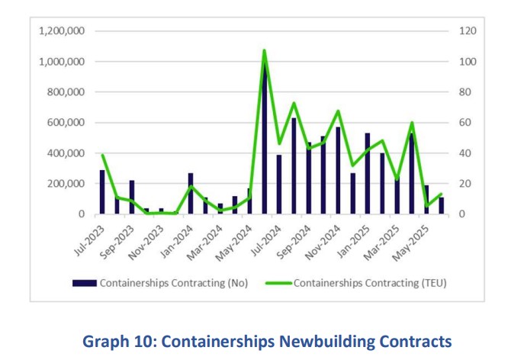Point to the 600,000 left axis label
pos(66,123)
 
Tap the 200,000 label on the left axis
pos(66,184)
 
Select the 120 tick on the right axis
pos(467,31)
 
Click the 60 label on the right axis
pos(464,123)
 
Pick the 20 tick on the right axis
pos(464,184)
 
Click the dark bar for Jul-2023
pos(102,192)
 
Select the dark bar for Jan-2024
pos(191,194)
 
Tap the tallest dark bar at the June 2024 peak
pos(265,137)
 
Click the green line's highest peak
pos(264,51)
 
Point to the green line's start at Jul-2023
pos(102,156)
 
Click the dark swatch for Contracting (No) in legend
pos(85,283)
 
